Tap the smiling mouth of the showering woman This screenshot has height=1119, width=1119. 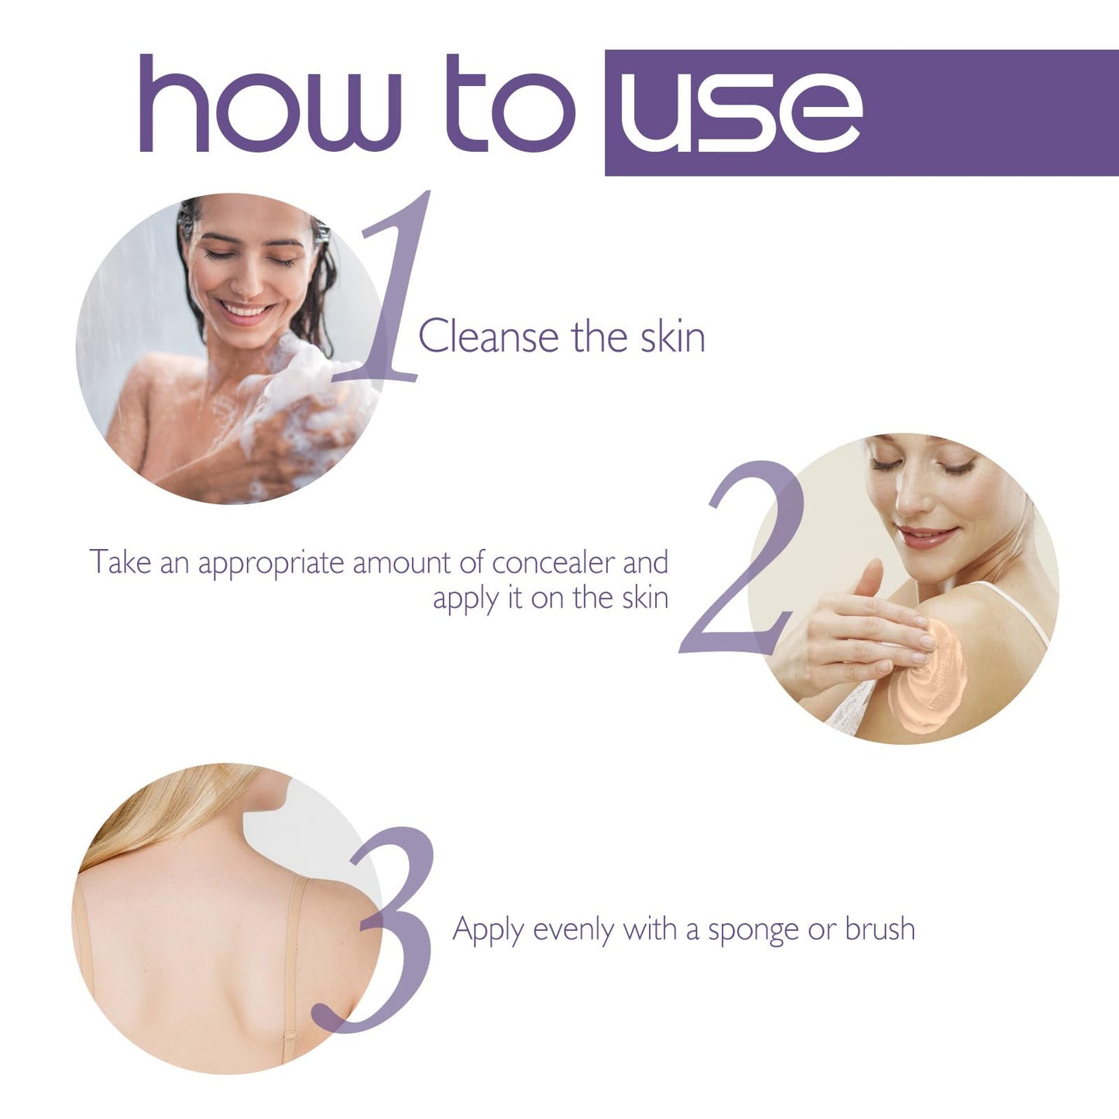(x=246, y=311)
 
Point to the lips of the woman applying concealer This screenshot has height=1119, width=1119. (x=925, y=536)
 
